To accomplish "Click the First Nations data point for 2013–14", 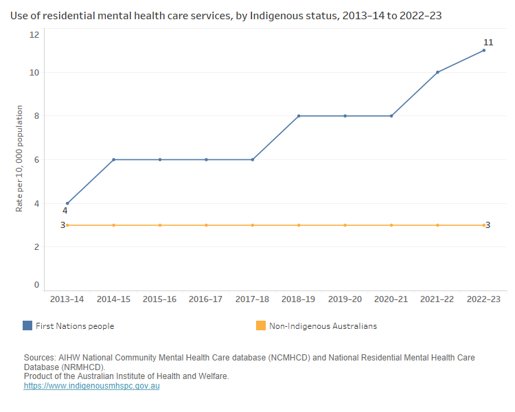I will [67, 203].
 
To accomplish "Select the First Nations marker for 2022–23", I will [484, 50].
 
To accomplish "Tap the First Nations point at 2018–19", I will [299, 116].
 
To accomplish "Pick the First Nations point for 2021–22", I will [437, 72].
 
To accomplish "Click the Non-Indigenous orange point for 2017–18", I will [253, 225].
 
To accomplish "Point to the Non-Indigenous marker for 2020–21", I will [391, 225].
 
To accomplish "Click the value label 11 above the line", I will [488, 43].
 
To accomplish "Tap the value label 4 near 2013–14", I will [65, 211].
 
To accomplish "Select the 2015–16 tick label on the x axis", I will [160, 299].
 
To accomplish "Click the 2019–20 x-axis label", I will [345, 299].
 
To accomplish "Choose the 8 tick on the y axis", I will [36, 116].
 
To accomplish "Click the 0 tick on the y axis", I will [36, 285].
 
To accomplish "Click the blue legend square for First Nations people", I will [27, 326].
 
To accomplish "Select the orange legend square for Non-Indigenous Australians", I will [260, 326].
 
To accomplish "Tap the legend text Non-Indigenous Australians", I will [323, 326].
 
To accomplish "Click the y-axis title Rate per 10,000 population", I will [20, 159].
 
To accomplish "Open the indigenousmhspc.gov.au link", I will [91, 386].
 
